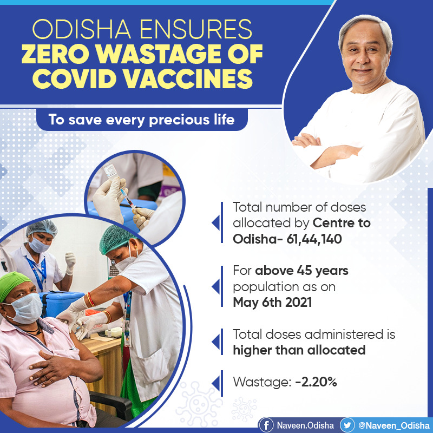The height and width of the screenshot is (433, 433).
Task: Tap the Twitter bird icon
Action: click(x=347, y=424)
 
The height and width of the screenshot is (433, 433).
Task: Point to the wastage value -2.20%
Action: click(x=316, y=382)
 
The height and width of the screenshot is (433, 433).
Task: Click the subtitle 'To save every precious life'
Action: click(x=142, y=119)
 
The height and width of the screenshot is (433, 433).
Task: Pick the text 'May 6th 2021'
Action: click(x=272, y=301)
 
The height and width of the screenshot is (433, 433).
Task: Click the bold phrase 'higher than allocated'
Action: click(x=299, y=350)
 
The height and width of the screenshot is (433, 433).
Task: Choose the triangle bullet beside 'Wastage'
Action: click(x=215, y=382)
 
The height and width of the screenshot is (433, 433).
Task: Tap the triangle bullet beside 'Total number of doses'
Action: click(x=215, y=222)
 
